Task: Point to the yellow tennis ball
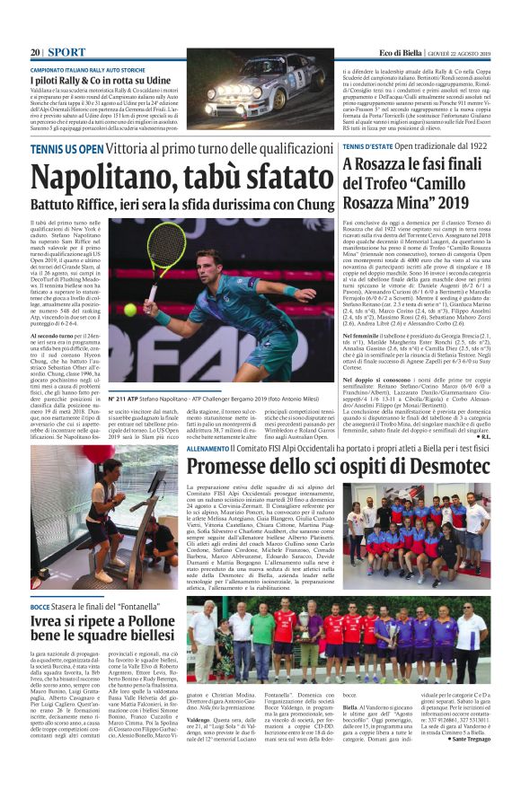coord(130,309)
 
